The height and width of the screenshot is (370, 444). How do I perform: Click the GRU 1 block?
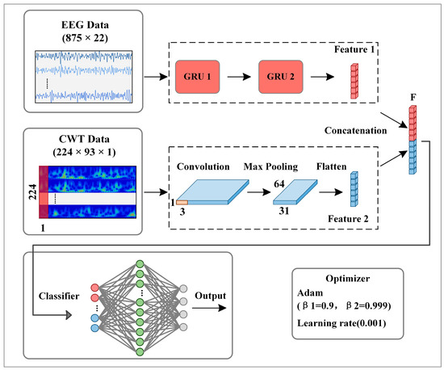point(198,78)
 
